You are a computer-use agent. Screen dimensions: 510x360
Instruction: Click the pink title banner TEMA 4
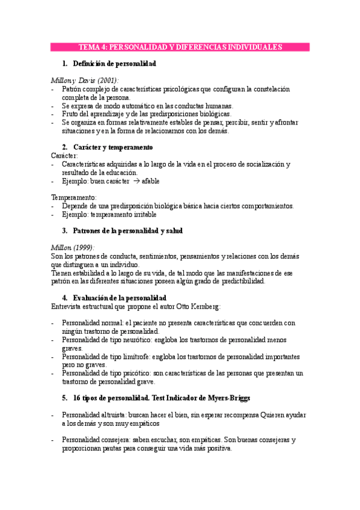[180, 47]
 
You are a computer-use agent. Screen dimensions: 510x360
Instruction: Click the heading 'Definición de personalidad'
[114, 63]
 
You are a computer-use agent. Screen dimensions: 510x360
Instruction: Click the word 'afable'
[150, 180]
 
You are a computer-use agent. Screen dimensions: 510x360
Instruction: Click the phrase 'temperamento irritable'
[123, 214]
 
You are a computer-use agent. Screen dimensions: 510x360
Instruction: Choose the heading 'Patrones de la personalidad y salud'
[127, 230]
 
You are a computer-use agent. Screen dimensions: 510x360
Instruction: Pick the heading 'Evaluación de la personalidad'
[119, 298]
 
